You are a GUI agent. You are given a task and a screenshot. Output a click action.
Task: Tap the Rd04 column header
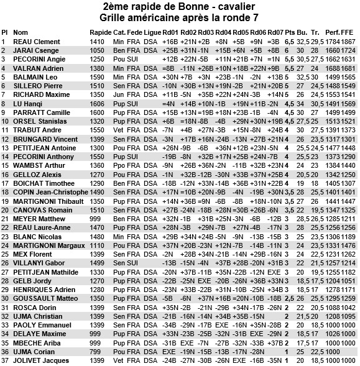pos(224,32)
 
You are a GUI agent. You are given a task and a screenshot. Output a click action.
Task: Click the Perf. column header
pos(332,32)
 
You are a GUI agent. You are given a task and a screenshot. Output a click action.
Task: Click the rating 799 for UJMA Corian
pos(95,350)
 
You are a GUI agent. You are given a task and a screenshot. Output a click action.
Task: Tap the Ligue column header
pos(151,32)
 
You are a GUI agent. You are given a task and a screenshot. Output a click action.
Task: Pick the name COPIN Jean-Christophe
pos(50,193)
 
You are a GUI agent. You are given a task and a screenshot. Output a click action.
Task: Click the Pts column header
pos(289,32)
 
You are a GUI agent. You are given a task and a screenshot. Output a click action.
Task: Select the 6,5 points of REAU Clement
pos(289,41)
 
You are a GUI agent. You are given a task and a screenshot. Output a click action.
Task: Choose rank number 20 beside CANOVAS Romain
pos(5,210)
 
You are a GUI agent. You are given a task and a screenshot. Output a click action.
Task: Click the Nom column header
pos(21,32)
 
